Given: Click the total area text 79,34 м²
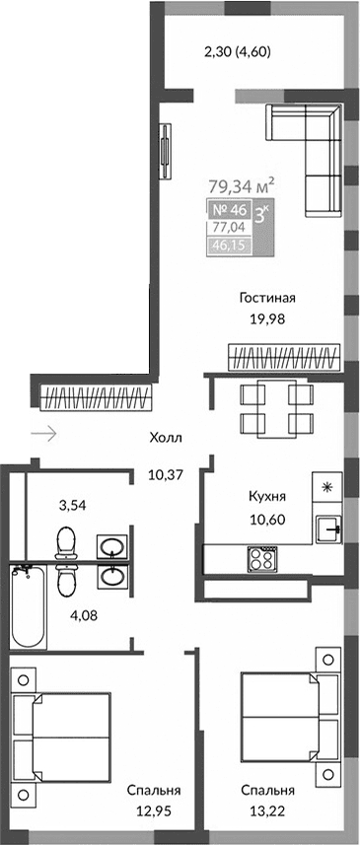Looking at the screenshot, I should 241,184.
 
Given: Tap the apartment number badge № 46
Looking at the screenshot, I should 229,209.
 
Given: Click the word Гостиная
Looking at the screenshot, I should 267,298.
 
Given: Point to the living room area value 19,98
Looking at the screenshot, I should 267,317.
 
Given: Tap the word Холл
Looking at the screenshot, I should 166,439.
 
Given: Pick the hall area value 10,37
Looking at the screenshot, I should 166,474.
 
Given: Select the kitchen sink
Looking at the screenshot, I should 327,528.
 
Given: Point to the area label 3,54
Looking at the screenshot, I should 71,506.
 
